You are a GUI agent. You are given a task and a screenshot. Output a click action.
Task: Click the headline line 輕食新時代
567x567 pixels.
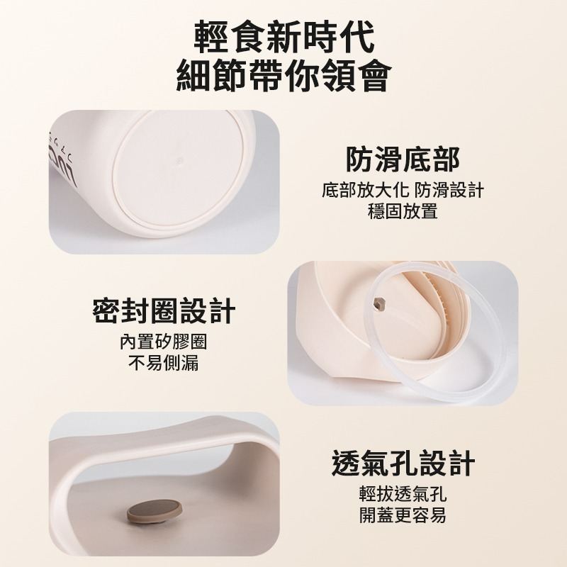[x=284, y=38]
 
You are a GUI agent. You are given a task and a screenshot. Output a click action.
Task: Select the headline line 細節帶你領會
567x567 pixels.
[x=284, y=75]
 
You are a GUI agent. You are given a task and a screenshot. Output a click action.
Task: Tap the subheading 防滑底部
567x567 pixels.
[x=403, y=159]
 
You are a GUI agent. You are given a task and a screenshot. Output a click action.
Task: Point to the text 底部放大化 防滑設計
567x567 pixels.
[x=403, y=190]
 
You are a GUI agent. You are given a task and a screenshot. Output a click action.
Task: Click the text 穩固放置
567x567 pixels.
[x=403, y=211]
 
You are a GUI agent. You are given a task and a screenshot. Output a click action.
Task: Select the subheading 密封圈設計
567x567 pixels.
[x=164, y=310]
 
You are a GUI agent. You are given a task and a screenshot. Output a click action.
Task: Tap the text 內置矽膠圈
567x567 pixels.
[x=164, y=342]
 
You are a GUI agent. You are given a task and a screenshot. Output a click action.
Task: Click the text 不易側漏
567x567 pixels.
[x=164, y=363]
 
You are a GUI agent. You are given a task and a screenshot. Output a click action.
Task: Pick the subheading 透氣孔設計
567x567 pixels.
[x=403, y=463]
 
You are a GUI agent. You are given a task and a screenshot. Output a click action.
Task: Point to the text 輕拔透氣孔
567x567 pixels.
[x=403, y=494]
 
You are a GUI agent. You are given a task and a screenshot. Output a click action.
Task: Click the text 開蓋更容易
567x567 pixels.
[x=403, y=515]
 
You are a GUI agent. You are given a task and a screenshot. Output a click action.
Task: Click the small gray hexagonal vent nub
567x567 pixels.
[x=378, y=303]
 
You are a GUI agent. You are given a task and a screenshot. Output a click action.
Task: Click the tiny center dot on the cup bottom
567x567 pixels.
[x=180, y=161]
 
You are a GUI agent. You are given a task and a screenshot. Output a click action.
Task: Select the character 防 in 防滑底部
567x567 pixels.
[x=359, y=159]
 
